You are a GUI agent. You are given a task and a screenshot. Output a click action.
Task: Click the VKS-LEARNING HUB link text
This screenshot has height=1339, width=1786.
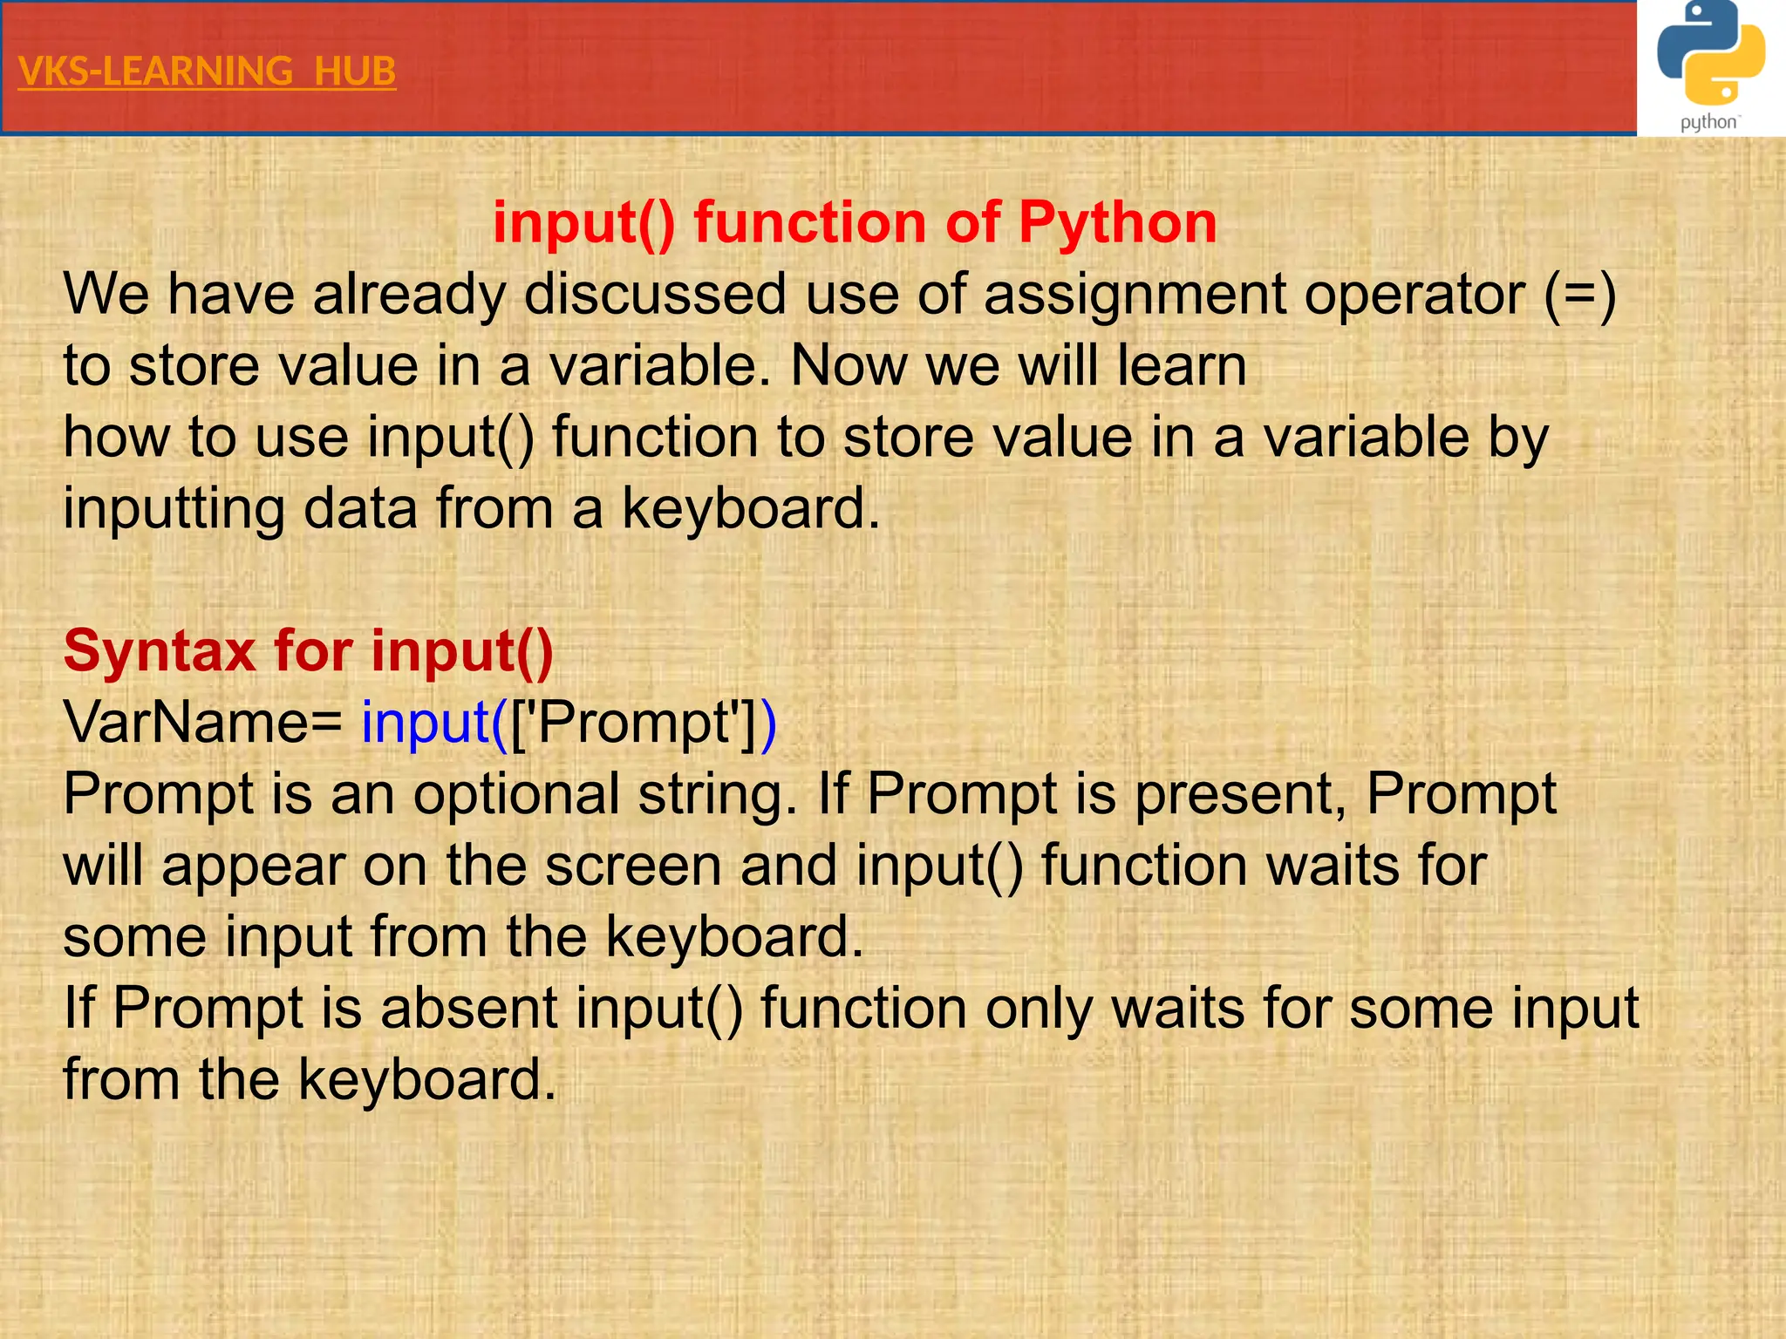(x=207, y=71)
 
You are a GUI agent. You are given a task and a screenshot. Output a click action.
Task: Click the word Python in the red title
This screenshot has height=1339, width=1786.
(x=1117, y=222)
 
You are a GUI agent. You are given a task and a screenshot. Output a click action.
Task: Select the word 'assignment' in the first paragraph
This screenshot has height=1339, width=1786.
(x=1135, y=294)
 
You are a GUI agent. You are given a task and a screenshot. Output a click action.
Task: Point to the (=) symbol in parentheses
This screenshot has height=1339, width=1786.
(x=1580, y=294)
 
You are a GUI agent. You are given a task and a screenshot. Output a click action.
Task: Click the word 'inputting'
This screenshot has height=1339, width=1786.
(x=174, y=508)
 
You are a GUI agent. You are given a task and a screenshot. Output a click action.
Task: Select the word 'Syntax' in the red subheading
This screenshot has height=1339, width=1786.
(x=160, y=651)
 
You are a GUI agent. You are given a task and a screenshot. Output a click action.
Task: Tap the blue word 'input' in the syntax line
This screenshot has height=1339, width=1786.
(x=426, y=723)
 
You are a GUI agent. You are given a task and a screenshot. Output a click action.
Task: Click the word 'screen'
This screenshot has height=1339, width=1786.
(x=634, y=866)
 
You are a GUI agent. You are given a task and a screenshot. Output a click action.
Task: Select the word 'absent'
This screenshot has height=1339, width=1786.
(x=468, y=1009)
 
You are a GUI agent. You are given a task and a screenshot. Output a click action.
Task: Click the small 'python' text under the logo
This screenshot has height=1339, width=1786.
(x=1708, y=123)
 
